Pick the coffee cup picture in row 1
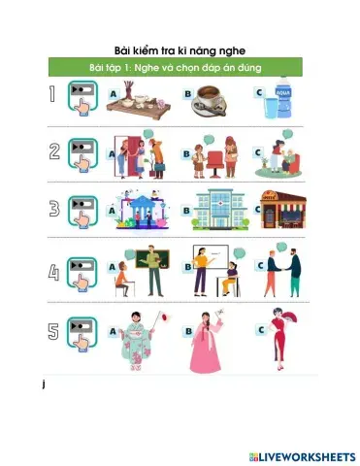pyautogui.click(x=215, y=100)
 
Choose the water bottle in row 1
pyautogui.click(x=282, y=100)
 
